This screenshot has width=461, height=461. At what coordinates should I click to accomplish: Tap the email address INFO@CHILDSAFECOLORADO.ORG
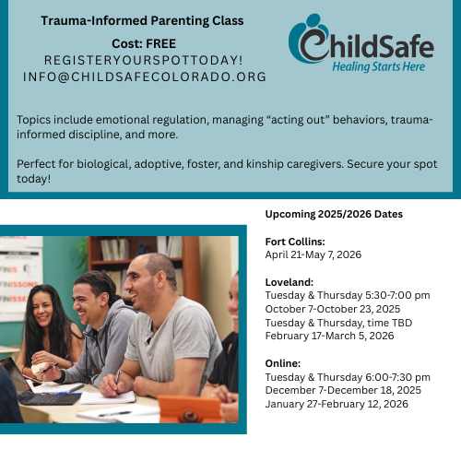[x=145, y=77]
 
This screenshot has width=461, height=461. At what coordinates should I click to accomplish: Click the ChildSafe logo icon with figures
[x=309, y=42]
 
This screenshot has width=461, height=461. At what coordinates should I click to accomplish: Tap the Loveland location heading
[x=288, y=282]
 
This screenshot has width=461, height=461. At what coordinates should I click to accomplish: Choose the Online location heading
[x=284, y=363]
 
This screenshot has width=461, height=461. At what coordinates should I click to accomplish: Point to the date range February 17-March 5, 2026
[x=329, y=336]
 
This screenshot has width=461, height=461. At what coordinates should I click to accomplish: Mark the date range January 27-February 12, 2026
[x=336, y=404]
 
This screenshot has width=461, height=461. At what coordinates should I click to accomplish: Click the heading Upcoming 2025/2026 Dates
[x=334, y=214]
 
